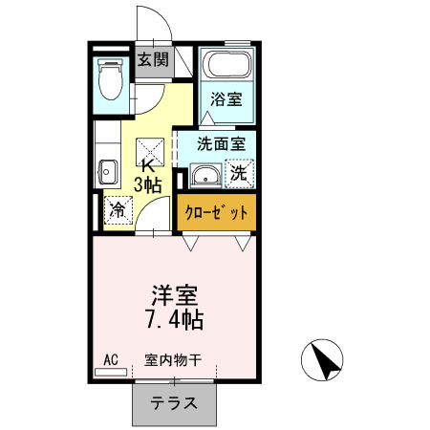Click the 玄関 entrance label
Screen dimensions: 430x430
pos(152,60)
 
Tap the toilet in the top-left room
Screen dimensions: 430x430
pos(112,81)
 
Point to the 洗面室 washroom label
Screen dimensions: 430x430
pos(221,144)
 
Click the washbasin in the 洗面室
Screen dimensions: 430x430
pos(204,176)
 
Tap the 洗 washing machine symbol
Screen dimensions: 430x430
pos(240,174)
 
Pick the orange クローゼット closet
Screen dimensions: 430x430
pos(217,212)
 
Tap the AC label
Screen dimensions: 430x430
pos(110,359)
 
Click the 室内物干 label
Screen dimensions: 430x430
pos(173,360)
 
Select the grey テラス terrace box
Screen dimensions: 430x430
pos(173,403)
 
